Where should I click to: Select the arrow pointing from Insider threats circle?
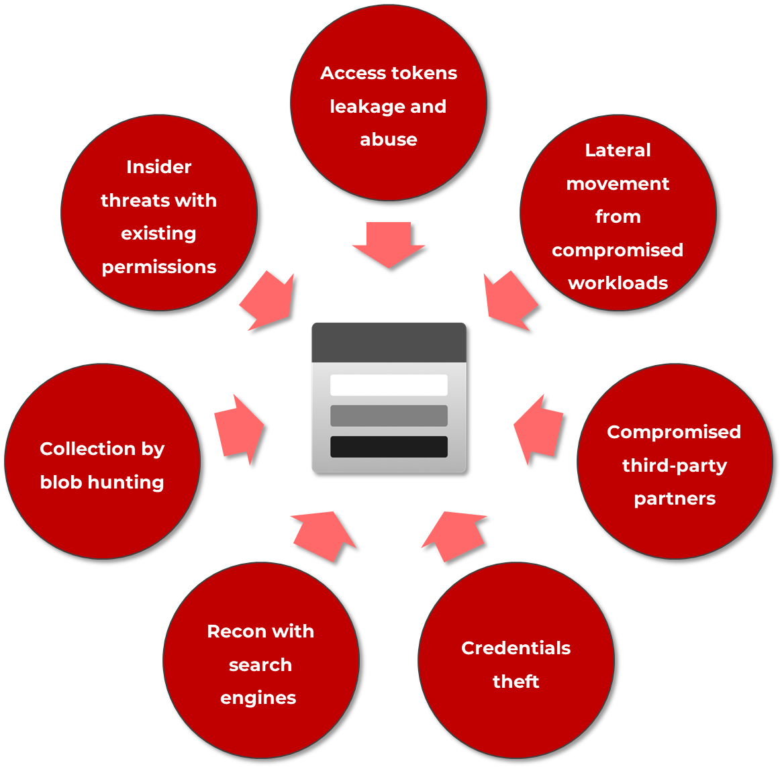(269, 301)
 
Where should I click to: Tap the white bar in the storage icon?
(389, 385)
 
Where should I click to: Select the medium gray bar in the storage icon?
(389, 416)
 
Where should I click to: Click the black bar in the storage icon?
(389, 447)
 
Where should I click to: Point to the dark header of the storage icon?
(389, 342)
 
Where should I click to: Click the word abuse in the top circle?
(389, 140)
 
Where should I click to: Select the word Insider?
(159, 167)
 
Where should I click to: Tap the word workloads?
(618, 283)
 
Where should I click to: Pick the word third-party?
(675, 466)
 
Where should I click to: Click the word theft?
(516, 682)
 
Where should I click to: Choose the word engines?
(258, 699)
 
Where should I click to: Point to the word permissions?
(159, 268)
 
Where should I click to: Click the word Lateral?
(618, 150)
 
